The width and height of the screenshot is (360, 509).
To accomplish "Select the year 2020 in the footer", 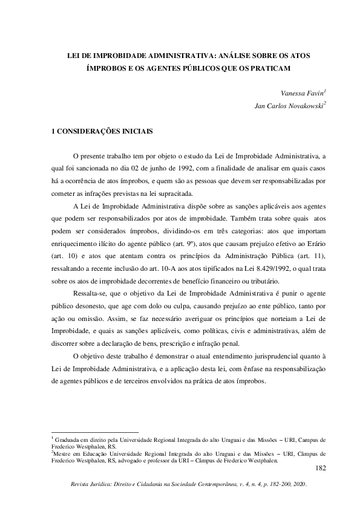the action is [298, 485].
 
